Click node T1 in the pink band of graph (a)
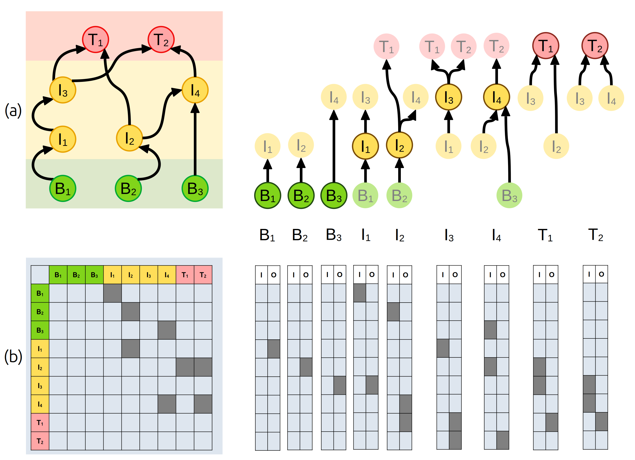95,39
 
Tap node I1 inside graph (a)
63,139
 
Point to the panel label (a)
13,110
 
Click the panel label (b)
13,356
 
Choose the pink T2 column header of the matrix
203,275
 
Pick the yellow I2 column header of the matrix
131,275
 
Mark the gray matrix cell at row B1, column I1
113,293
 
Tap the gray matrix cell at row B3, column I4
167,330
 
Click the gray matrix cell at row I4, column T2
203,404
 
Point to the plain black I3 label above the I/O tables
449,235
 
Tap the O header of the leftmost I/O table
274,275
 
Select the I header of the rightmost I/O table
589,274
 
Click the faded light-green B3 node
509,195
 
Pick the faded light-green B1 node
365,195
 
